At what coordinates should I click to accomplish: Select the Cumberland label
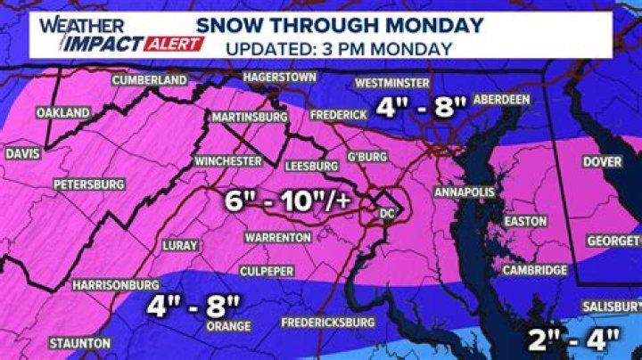[149, 80]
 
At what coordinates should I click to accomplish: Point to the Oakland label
[62, 113]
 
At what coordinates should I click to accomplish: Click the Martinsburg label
[249, 117]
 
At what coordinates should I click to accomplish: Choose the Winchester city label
[228, 161]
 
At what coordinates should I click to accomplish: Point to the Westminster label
[388, 83]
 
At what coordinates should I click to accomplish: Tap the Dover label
[602, 162]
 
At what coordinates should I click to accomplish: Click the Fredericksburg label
[326, 322]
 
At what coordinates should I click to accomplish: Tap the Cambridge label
[535, 270]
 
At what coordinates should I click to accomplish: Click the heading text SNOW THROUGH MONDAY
[342, 23]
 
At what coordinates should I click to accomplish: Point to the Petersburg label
[87, 184]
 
